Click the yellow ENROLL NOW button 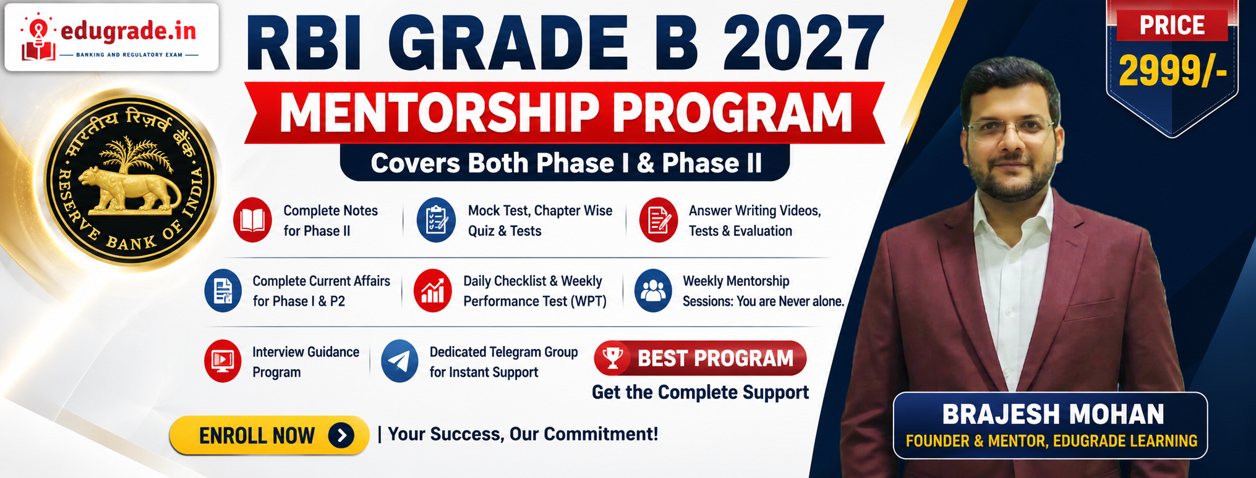point(269,435)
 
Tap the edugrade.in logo point(111,37)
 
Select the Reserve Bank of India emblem point(131,180)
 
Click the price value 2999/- point(1173,71)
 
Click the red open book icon point(252,220)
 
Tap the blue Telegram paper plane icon point(399,361)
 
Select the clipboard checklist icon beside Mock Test point(436,220)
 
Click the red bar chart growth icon point(433,291)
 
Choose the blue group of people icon point(653,291)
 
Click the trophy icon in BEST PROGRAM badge point(613,358)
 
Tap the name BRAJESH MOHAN point(1053,414)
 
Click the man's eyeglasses point(1010,130)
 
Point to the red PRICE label point(1172,25)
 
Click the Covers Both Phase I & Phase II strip point(565,163)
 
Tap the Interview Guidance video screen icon point(223,361)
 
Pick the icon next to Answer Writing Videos point(658,220)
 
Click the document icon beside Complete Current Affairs point(223,291)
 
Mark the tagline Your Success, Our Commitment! point(523,434)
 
